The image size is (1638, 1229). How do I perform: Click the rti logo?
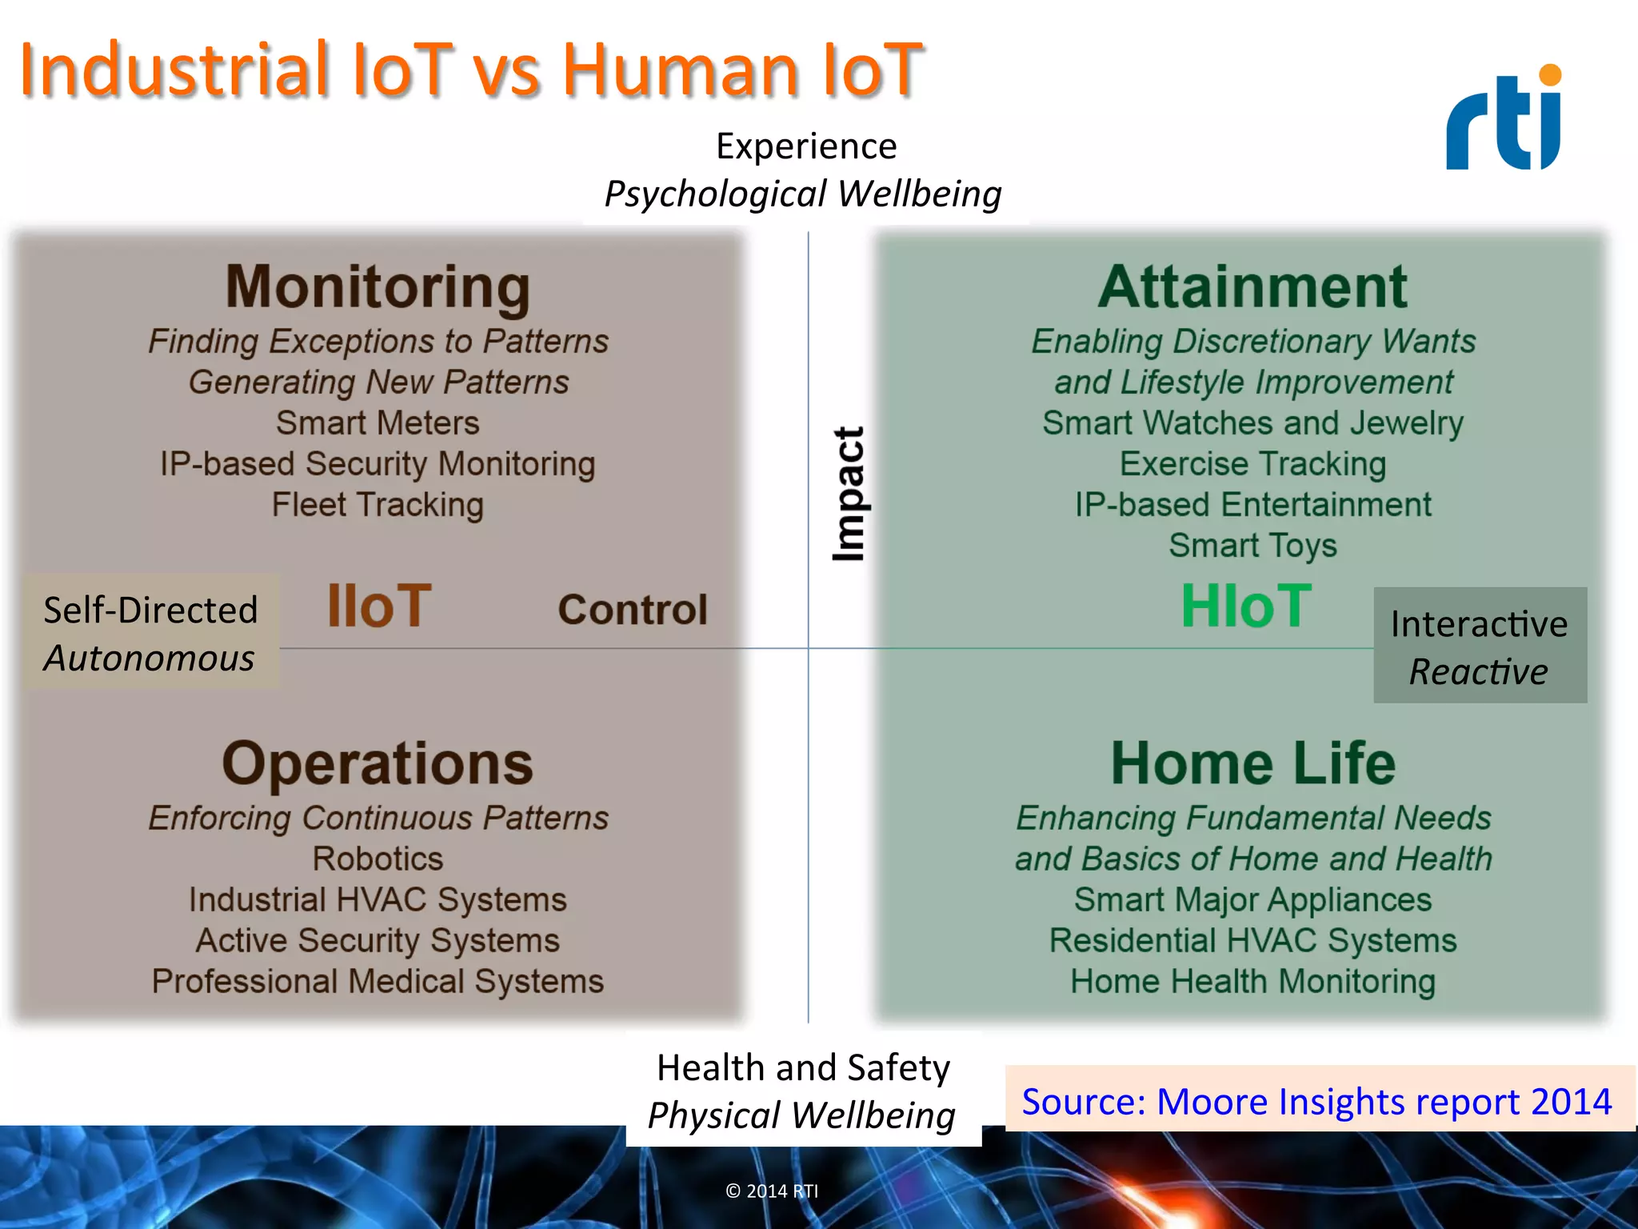(1503, 120)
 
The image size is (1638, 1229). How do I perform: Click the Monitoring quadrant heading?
(378, 286)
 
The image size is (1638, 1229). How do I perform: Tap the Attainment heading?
(1252, 286)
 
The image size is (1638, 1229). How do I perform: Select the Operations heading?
(378, 763)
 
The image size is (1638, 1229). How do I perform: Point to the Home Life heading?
(1252, 763)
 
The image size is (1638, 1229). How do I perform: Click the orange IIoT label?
(379, 606)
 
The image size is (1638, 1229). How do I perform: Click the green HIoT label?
(1246, 606)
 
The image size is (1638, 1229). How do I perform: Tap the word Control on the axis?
(632, 610)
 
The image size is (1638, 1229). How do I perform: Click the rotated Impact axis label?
(848, 494)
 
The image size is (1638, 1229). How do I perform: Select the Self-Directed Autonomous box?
(150, 633)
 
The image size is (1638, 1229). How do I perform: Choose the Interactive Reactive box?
(1479, 647)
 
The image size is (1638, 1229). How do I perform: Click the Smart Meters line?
(378, 423)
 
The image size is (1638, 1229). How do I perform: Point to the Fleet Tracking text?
(378, 505)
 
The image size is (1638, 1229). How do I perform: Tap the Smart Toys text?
(1252, 546)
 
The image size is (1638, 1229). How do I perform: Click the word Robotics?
(378, 859)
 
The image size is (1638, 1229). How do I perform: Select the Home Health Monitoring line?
(1252, 982)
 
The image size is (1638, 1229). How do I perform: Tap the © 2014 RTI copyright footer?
(772, 1191)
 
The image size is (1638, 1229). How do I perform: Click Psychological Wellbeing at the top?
(802, 194)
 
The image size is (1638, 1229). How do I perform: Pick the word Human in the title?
(680, 70)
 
